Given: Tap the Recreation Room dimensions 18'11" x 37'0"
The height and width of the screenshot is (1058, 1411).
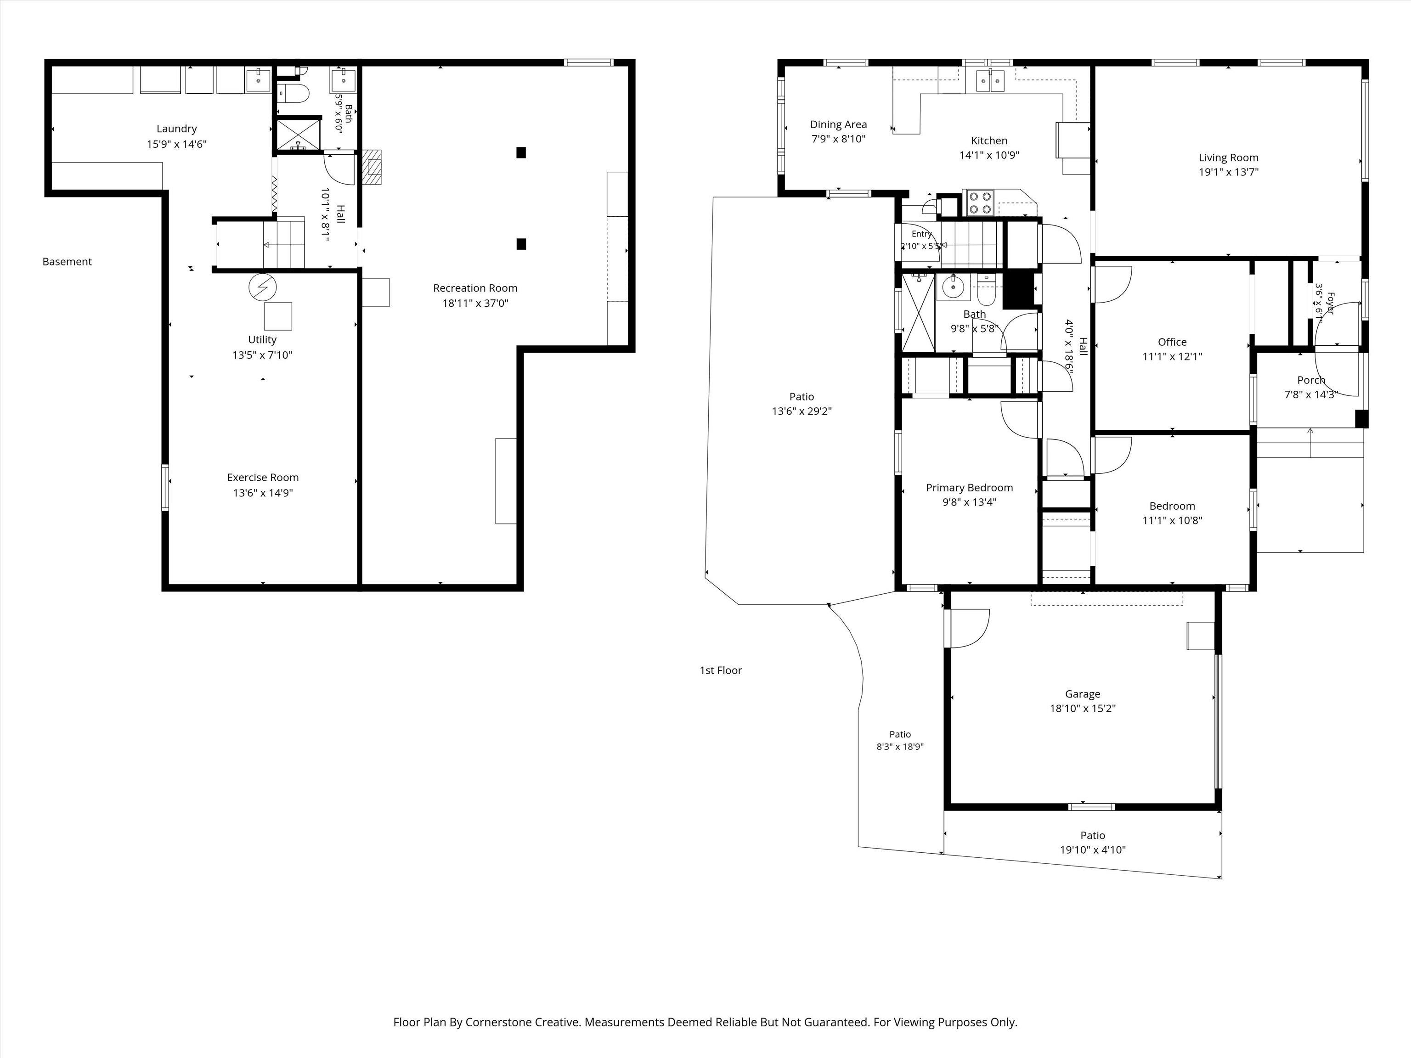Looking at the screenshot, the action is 475,304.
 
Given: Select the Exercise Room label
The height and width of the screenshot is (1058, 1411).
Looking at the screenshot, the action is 263,478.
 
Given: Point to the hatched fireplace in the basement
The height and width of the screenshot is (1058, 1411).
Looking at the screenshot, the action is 372,167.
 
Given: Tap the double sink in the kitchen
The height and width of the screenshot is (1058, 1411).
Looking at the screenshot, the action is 990,81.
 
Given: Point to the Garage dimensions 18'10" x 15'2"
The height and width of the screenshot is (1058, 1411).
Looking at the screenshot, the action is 1083,709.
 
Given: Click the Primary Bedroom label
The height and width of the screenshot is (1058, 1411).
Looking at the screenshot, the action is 970,488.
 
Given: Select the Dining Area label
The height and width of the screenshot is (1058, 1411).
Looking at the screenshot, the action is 838,125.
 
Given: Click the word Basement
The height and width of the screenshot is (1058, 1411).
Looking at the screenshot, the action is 67,261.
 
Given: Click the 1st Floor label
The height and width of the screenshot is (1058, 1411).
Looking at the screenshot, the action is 721,670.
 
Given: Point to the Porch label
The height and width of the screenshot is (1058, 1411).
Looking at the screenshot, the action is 1311,380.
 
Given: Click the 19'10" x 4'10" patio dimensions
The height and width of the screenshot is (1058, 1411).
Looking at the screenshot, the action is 1093,850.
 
